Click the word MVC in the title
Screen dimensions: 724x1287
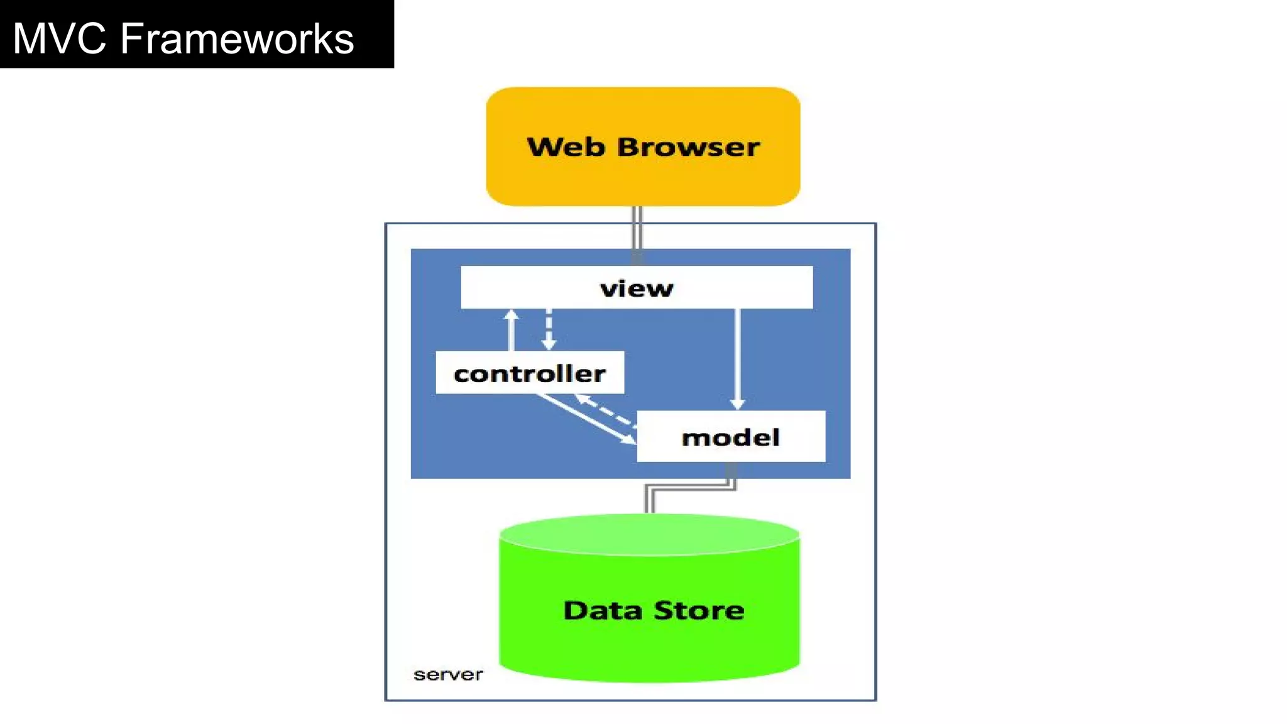click(59, 38)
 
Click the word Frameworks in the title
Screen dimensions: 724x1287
click(237, 38)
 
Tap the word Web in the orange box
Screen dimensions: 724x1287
click(566, 147)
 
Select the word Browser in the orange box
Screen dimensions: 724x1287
click(688, 147)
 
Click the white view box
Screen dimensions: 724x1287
click(636, 288)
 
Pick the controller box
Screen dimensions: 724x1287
click(529, 373)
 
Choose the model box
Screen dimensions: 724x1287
click(730, 437)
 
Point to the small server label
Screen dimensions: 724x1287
click(448, 674)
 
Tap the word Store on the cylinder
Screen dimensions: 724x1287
click(699, 610)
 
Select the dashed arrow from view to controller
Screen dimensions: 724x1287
click(549, 327)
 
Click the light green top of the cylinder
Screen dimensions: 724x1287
click(649, 535)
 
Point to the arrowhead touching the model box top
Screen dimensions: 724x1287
click(737, 403)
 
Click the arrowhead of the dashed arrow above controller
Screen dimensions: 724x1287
click(549, 344)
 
